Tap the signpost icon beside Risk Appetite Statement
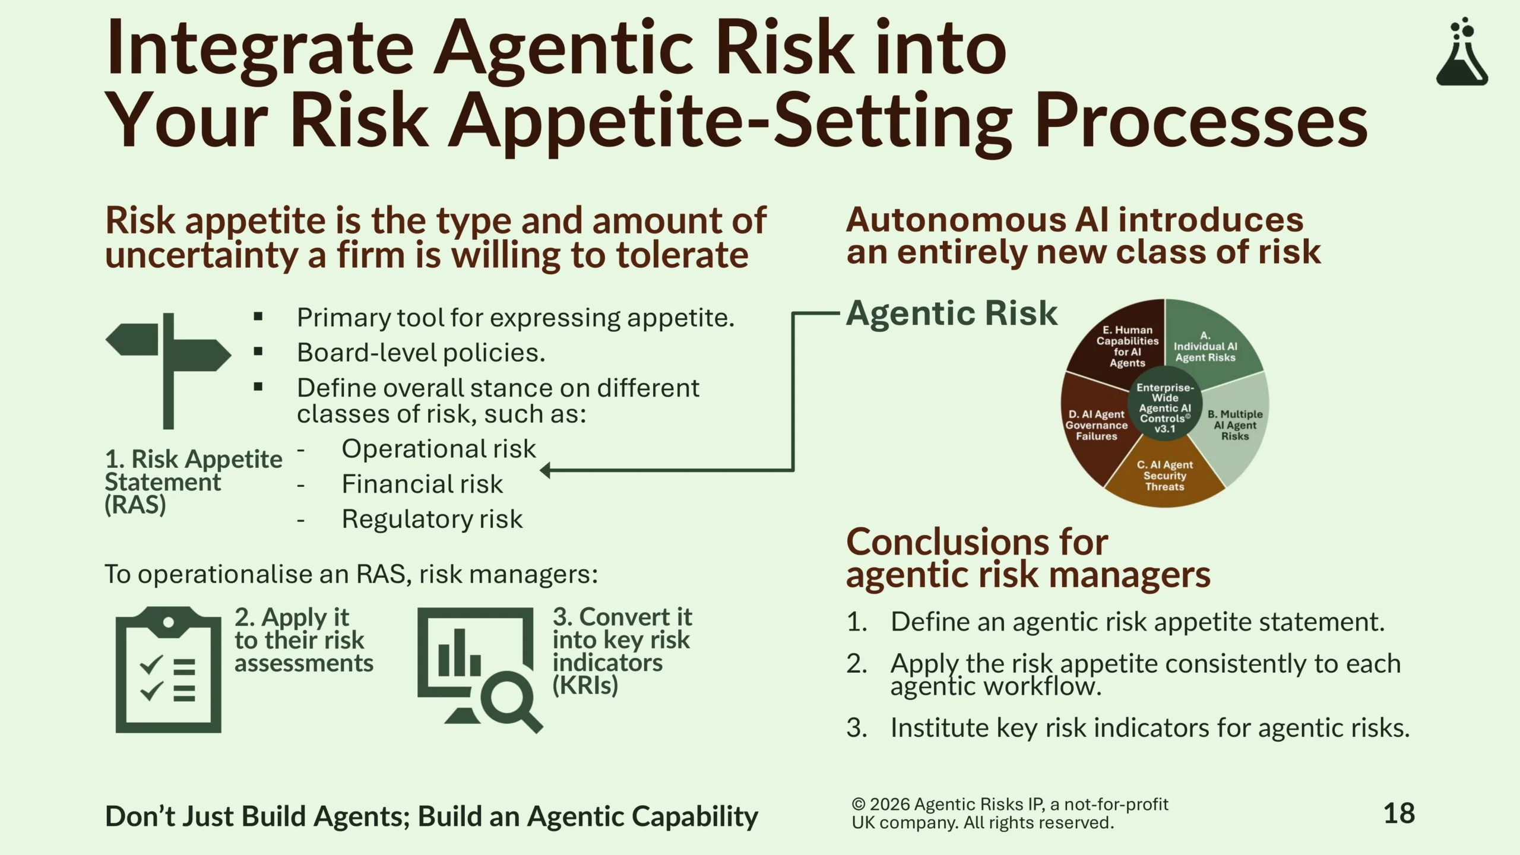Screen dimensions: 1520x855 click(x=169, y=370)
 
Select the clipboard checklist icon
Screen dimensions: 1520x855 click(x=169, y=669)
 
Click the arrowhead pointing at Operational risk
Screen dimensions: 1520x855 click(x=545, y=470)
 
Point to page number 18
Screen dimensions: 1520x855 click(x=1399, y=813)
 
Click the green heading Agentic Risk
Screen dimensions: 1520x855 click(x=952, y=313)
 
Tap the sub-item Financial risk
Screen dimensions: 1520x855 click(x=422, y=484)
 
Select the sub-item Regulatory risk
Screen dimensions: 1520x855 click(x=432, y=519)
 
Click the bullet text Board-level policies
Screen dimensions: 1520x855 click(x=421, y=353)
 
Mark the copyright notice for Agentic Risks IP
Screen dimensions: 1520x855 click(x=1010, y=813)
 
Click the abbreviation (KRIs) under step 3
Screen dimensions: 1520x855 click(x=585, y=685)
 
